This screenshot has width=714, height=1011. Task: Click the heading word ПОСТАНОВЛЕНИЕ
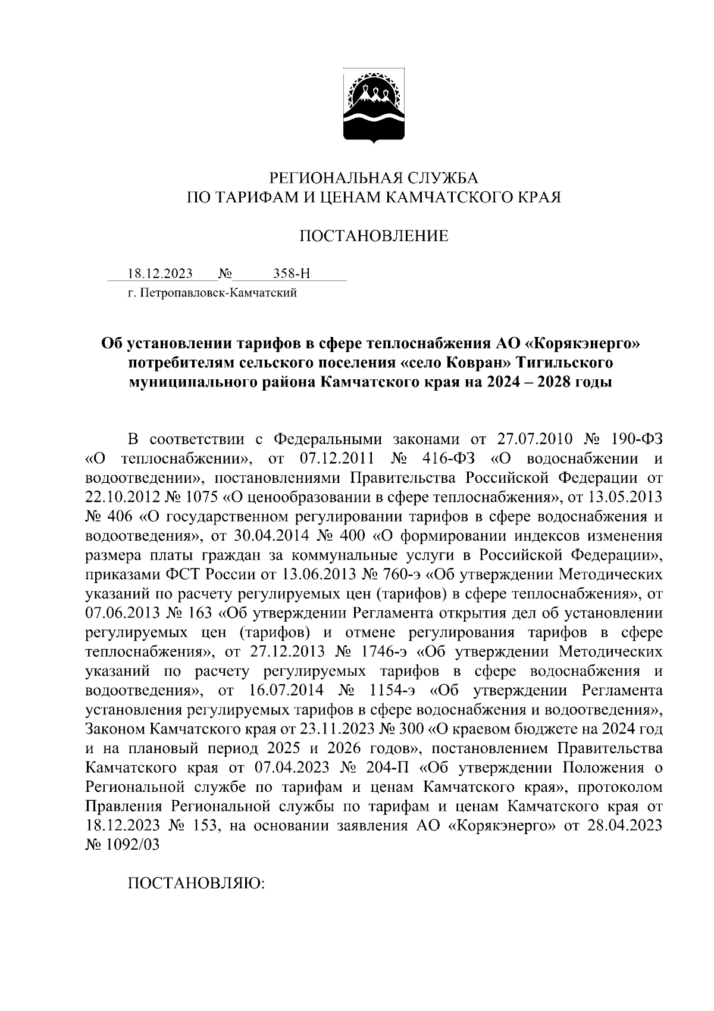(x=373, y=236)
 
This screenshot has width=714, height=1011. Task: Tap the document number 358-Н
(x=292, y=274)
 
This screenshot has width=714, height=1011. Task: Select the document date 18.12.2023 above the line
(x=161, y=274)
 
